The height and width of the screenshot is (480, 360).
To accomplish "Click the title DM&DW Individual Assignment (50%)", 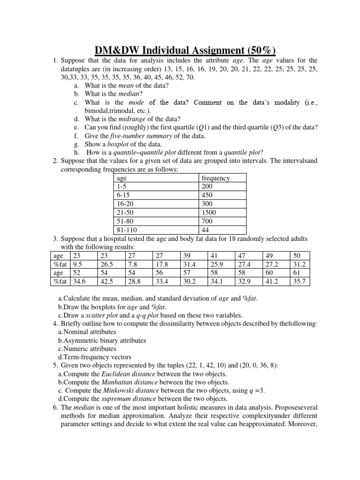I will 180,51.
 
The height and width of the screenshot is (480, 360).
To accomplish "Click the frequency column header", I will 215,178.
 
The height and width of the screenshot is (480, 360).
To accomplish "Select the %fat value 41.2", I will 272,281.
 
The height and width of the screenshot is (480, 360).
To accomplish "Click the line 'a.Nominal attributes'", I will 87,332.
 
